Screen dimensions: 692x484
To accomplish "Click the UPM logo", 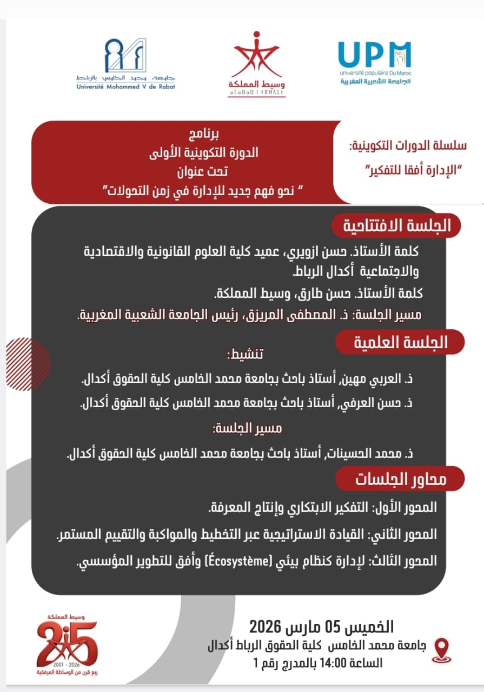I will pos(374,61).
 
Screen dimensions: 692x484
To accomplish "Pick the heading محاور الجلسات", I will pos(401,479).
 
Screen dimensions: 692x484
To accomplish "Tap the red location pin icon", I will pos(442,646).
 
